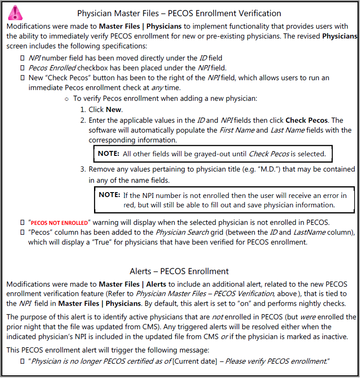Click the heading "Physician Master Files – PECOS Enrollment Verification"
pyautogui.click(x=179, y=13)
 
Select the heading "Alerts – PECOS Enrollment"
pyautogui.click(x=179, y=271)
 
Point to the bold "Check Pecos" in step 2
pyautogui.click(x=307, y=120)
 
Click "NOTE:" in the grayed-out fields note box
pyautogui.click(x=108, y=154)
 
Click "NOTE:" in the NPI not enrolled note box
pyautogui.click(x=109, y=195)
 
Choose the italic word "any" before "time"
pyautogui.click(x=158, y=87)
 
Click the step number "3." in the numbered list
pyautogui.click(x=83, y=169)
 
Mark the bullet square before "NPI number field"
pyautogui.click(x=22, y=58)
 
